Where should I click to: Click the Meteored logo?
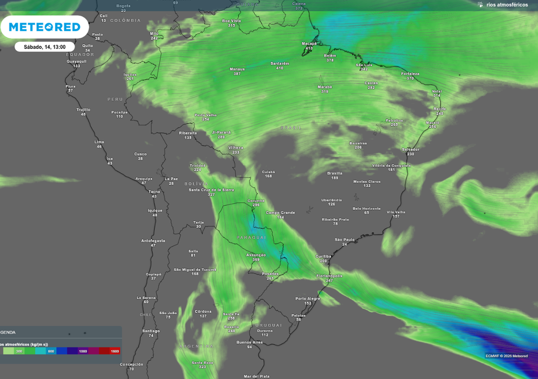click(44, 27)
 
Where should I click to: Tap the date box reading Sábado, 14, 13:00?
click(44, 46)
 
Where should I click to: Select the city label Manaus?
click(237, 69)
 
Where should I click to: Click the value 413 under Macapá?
click(309, 48)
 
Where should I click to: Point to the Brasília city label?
click(335, 173)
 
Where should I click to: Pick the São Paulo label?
click(345, 240)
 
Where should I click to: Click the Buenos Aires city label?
click(250, 342)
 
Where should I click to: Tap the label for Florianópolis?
click(329, 276)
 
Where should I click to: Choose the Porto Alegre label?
click(308, 298)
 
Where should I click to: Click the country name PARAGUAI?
click(252, 237)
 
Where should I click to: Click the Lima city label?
click(99, 142)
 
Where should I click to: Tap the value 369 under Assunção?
click(256, 260)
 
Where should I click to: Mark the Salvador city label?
click(410, 149)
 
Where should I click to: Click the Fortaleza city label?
click(410, 74)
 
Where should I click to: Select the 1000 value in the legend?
click(83, 351)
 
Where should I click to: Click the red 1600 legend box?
click(115, 351)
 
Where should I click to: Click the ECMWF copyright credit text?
click(506, 356)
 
